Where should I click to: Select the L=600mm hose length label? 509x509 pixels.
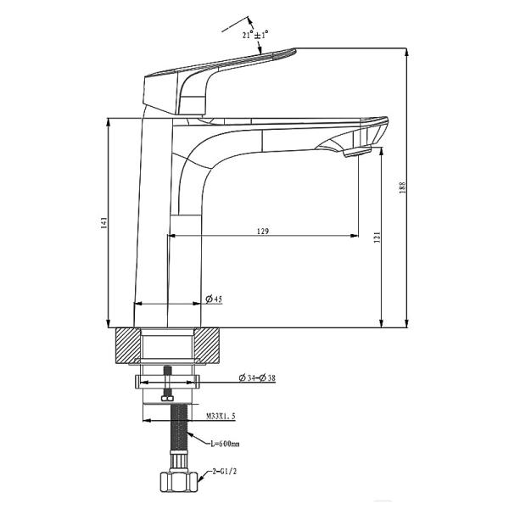pyautogui.click(x=226, y=443)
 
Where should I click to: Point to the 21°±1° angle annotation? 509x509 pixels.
pyautogui.click(x=255, y=34)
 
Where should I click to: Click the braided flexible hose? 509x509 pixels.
pyautogui.click(x=180, y=433)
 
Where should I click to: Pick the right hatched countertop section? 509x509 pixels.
pyautogui.click(x=210, y=348)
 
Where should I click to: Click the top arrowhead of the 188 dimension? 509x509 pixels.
pyautogui.click(x=407, y=52)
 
